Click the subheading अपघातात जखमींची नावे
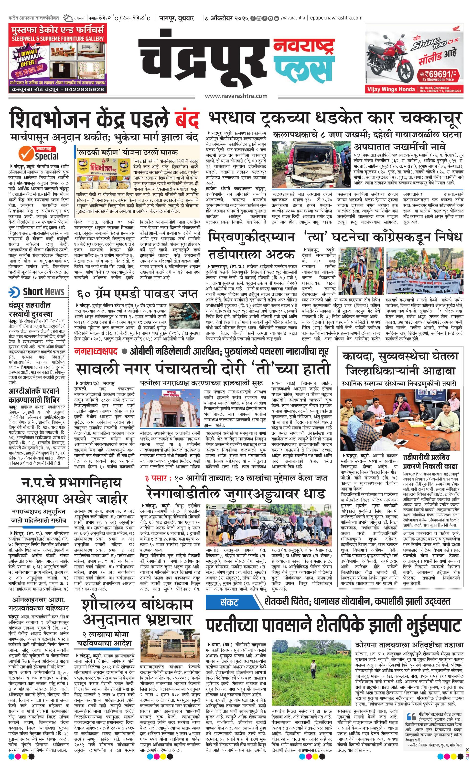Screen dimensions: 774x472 [x=399, y=147]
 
